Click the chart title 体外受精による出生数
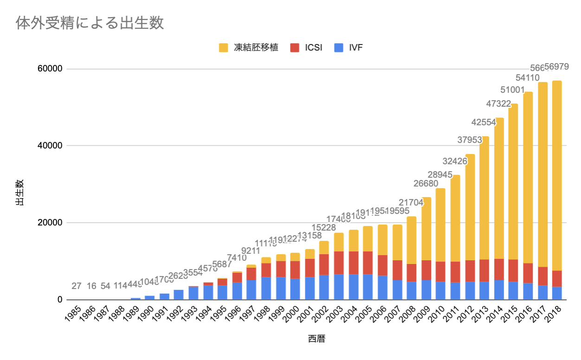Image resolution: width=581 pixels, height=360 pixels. click(90, 23)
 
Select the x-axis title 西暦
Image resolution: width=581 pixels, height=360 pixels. click(316, 339)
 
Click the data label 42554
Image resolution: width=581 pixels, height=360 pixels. click(484, 123)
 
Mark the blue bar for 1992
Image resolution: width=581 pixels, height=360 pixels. click(179, 295)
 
